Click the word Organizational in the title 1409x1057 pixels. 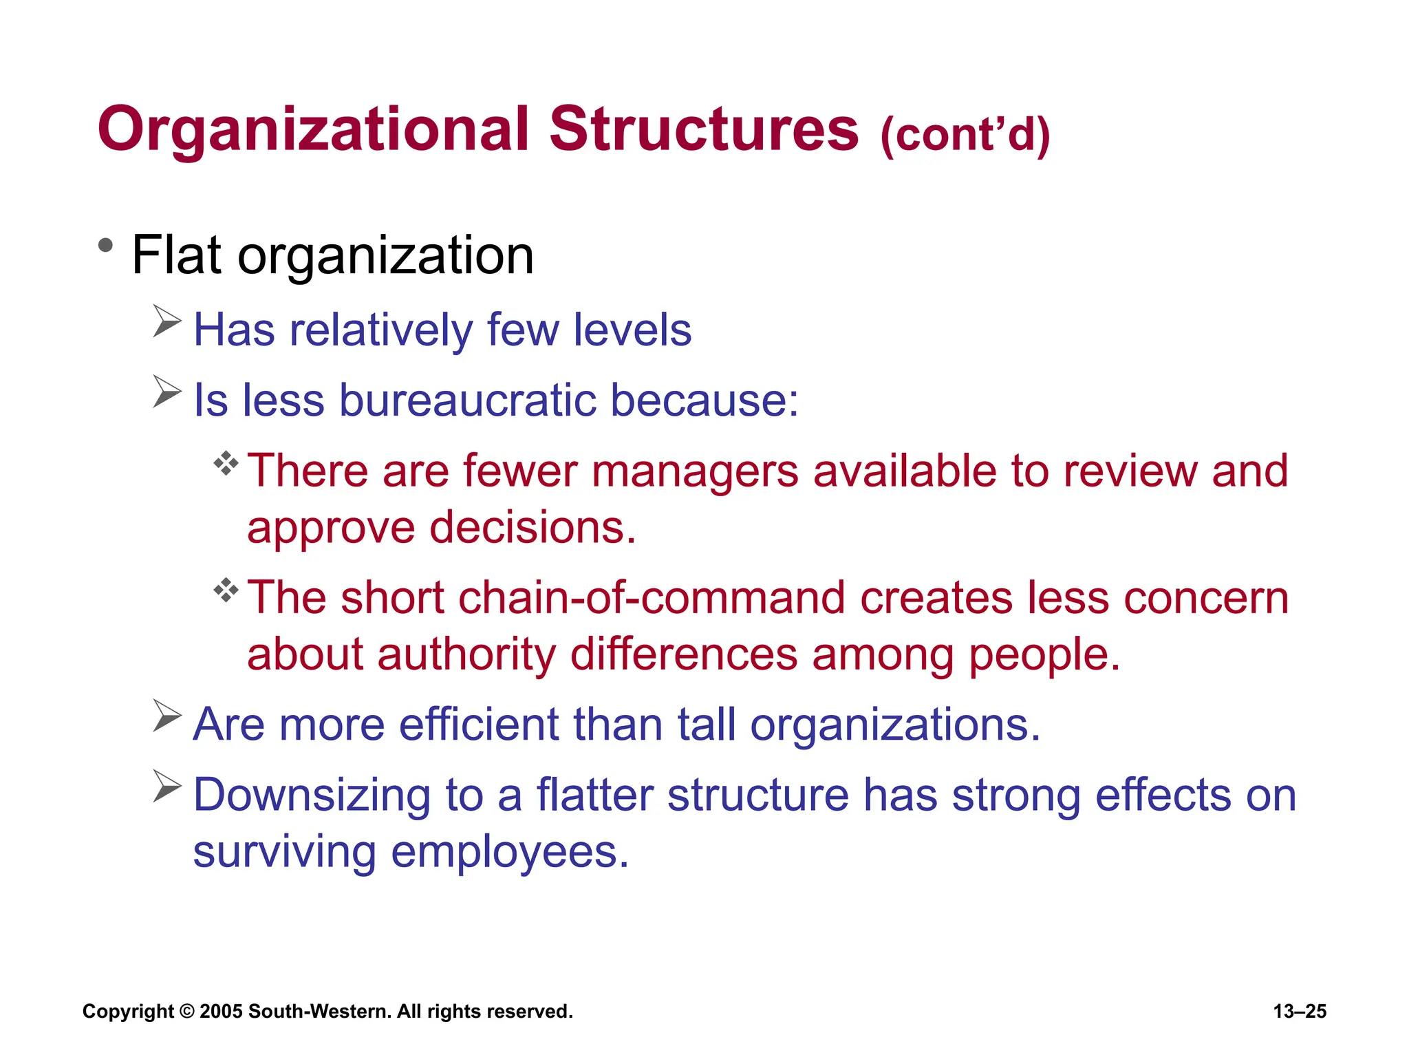click(x=313, y=131)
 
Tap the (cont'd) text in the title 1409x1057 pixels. click(x=965, y=134)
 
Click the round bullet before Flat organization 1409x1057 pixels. click(x=105, y=246)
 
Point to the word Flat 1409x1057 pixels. click(x=176, y=255)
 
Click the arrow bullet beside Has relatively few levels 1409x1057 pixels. click(x=166, y=321)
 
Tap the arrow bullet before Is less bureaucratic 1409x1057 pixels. click(x=166, y=392)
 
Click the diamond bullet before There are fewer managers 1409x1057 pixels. click(x=226, y=463)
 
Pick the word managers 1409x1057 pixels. click(x=694, y=471)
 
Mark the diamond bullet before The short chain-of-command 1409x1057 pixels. click(x=226, y=590)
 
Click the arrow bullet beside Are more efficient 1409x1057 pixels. click(x=166, y=716)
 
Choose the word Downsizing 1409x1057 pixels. click(x=311, y=796)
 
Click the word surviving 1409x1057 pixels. click(x=284, y=853)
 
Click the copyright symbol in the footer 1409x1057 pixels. click(x=186, y=1012)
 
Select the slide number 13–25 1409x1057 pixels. click(x=1300, y=1012)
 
